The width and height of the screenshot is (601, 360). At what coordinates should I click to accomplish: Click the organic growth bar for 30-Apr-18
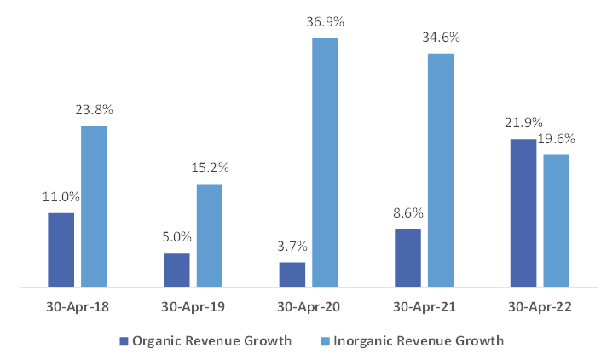(x=61, y=250)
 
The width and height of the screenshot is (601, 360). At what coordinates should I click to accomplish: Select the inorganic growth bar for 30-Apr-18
(x=94, y=206)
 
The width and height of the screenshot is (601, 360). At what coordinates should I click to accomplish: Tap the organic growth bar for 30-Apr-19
(x=176, y=270)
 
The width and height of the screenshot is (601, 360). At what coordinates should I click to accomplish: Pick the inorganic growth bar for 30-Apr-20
(x=325, y=163)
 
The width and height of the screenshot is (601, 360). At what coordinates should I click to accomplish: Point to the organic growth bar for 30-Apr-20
(x=292, y=274)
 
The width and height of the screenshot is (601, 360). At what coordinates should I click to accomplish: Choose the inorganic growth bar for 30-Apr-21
(x=441, y=170)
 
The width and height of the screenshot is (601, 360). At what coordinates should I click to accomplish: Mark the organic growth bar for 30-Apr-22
(x=523, y=213)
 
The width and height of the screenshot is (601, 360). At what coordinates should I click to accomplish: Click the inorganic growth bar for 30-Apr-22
(x=556, y=220)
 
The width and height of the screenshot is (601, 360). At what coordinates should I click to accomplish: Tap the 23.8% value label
(x=94, y=110)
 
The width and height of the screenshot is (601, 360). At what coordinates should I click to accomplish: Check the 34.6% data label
(x=441, y=38)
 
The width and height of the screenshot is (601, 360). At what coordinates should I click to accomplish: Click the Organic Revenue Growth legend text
(x=212, y=340)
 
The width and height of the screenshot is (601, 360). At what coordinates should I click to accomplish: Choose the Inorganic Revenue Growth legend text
(x=417, y=340)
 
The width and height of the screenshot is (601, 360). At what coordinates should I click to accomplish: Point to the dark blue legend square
(x=124, y=341)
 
